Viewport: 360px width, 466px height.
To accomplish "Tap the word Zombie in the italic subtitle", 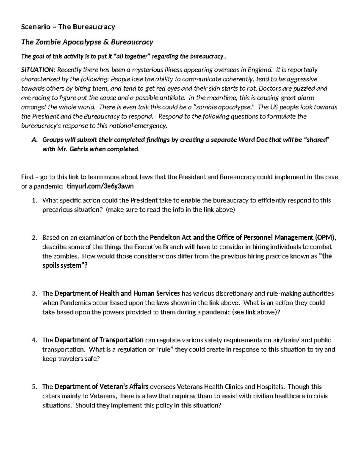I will [48, 42].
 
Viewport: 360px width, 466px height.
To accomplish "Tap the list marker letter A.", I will [34, 140].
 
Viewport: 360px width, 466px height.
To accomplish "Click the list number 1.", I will [34, 200].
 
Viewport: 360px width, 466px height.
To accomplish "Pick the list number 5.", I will [34, 387].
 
